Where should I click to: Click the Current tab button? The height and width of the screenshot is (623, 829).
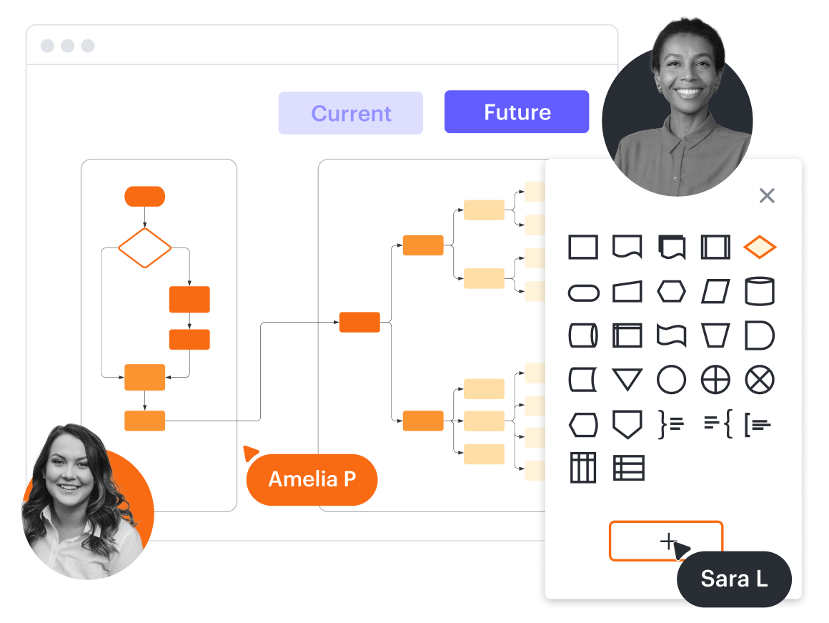(350, 113)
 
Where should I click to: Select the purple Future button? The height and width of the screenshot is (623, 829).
(517, 112)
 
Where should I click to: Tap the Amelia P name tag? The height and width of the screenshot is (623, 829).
(312, 479)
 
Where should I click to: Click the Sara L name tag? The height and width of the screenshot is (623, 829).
(734, 579)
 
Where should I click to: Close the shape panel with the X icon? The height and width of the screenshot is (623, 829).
(767, 195)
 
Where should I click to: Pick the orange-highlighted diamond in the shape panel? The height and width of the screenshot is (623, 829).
(760, 247)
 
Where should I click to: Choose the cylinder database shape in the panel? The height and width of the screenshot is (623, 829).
(760, 292)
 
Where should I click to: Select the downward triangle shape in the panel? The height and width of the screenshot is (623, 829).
(627, 379)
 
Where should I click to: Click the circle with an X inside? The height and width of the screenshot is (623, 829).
(760, 380)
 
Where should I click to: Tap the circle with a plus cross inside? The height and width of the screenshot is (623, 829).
(715, 380)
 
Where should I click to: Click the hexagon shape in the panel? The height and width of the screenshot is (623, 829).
(671, 292)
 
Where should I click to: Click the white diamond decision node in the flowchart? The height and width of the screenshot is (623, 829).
(144, 248)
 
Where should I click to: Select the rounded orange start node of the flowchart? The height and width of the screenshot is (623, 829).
(144, 196)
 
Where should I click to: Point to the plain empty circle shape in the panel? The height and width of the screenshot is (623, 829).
(671, 380)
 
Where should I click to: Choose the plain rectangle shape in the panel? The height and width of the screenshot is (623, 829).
(583, 247)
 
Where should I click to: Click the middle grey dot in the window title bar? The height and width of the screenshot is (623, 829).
(67, 46)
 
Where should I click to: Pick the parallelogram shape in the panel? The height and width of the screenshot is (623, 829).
(715, 292)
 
